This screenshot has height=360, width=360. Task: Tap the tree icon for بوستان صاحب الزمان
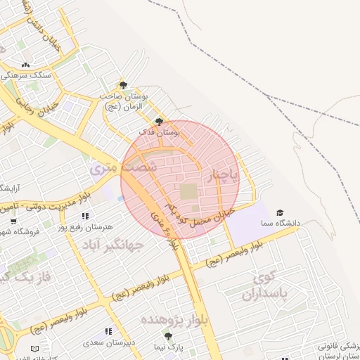[123, 85]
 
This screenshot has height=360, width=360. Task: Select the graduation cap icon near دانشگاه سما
[280, 212]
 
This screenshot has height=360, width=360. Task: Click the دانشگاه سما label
[280, 223]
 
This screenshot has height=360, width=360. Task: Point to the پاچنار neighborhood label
[224, 172]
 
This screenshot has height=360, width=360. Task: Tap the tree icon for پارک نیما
[167, 336]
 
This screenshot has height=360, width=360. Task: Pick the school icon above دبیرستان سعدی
[108, 330]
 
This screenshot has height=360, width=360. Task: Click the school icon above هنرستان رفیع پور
[85, 216]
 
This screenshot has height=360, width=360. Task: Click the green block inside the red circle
[188, 191]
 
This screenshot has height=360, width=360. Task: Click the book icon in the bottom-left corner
[35, 348]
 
